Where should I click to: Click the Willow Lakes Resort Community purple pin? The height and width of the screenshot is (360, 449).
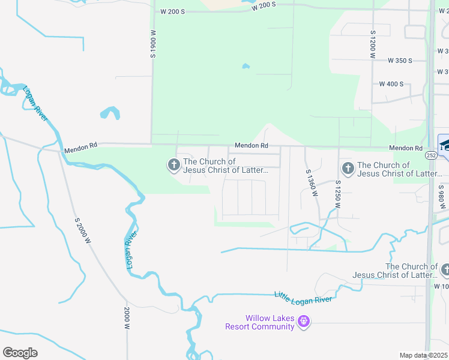click(304, 322)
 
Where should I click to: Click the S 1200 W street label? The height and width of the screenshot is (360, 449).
click(373, 44)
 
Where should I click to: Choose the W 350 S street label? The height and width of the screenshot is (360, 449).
click(400, 61)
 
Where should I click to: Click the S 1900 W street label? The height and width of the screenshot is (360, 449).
click(153, 44)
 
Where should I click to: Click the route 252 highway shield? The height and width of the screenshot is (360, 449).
click(431, 155)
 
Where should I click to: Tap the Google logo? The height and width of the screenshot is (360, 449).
click(20, 353)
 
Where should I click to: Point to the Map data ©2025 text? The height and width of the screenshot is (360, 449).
click(423, 355)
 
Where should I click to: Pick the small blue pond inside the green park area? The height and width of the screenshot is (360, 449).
click(245, 66)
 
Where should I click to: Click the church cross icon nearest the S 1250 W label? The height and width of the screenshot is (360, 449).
click(347, 169)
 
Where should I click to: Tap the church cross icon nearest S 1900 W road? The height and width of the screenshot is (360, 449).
click(173, 164)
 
